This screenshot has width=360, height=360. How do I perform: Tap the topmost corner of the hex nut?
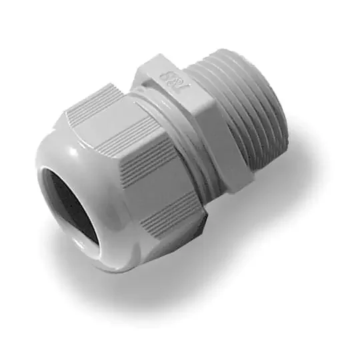pos(157,56)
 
